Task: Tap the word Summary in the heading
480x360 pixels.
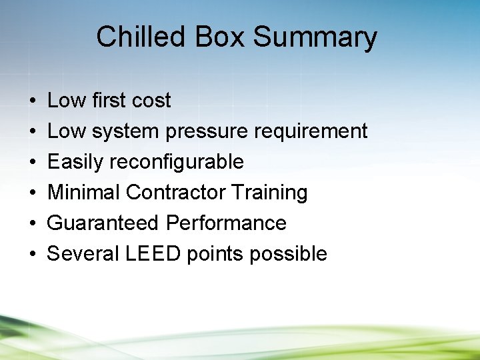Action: coord(315,37)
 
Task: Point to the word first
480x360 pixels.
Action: coord(106,101)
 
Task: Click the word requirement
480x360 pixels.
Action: coord(311,131)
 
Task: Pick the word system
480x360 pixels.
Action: coord(125,131)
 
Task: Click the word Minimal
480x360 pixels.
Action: coord(84,193)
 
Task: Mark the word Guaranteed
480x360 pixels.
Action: coord(103,223)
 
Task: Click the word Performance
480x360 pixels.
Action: coord(226,223)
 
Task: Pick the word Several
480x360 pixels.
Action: coord(79,254)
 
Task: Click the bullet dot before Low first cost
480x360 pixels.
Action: coord(33,101)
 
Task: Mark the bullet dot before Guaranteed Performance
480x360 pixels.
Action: coord(33,224)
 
